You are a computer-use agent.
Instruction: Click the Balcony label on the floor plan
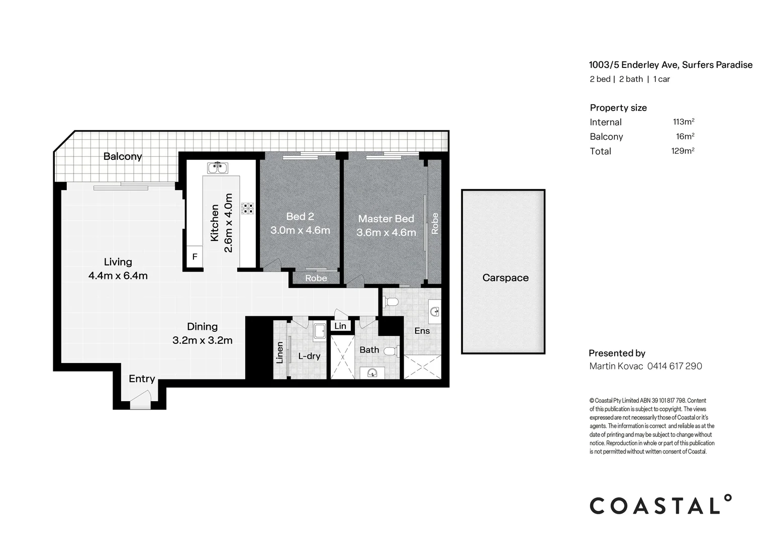tap(123, 156)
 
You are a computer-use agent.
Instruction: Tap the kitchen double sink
tap(218, 167)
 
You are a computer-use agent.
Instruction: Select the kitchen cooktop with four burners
tap(247, 208)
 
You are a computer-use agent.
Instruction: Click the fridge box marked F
tap(195, 257)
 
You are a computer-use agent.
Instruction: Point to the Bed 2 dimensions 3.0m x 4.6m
tap(300, 230)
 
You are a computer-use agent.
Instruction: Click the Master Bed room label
tap(386, 219)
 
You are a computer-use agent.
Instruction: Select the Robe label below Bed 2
tap(316, 278)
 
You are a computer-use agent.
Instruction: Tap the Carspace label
tap(505, 278)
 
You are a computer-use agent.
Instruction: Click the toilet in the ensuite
tap(391, 302)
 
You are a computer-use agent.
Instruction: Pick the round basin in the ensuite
tap(435, 312)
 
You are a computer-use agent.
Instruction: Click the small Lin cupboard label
tap(340, 326)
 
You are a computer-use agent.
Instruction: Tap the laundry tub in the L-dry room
tap(319, 331)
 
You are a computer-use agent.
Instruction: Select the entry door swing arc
tap(140, 402)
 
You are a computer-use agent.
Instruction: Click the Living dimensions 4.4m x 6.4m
tap(118, 276)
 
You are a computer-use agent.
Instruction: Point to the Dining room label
tap(202, 326)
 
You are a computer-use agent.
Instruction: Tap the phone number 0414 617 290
tap(675, 366)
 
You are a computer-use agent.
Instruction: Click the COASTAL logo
tap(660, 505)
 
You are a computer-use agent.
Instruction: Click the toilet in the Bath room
tap(390, 351)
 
